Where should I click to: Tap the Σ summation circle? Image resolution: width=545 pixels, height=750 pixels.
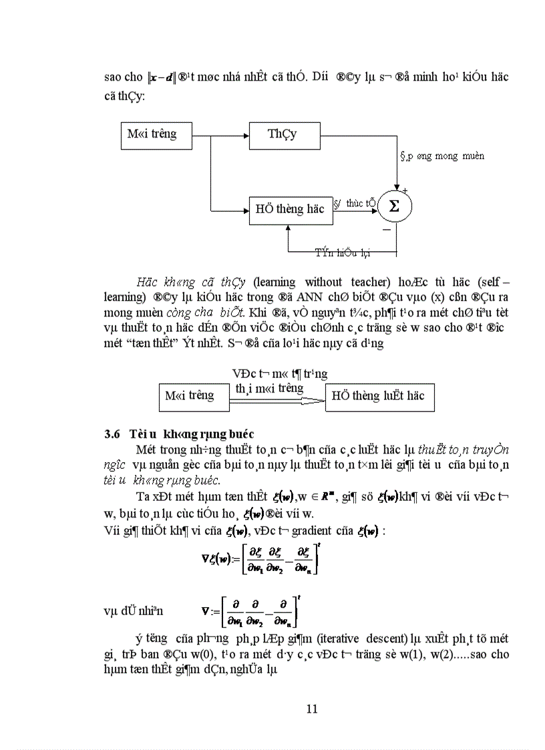click(x=394, y=206)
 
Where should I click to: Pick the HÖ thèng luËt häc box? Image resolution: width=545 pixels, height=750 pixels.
click(x=379, y=396)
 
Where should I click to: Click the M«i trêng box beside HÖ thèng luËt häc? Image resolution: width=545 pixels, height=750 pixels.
click(x=190, y=396)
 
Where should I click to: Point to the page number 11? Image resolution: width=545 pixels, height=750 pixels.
click(x=311, y=709)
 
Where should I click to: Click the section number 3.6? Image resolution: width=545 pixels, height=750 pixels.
click(x=112, y=433)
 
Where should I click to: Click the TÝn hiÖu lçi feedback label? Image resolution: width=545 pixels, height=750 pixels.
click(x=343, y=252)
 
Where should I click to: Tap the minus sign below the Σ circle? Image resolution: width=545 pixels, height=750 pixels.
click(x=386, y=230)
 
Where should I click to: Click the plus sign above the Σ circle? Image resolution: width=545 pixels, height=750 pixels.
click(x=405, y=191)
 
